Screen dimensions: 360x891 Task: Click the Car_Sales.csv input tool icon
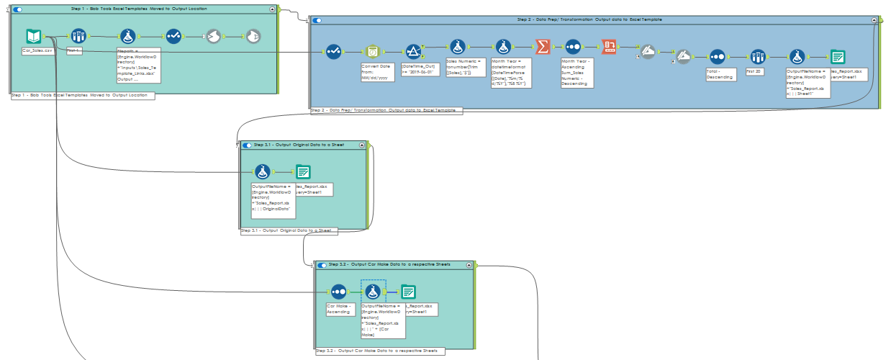[x=34, y=36]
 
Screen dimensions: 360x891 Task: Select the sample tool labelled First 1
[x=78, y=36]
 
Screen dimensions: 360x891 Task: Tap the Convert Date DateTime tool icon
[x=372, y=51]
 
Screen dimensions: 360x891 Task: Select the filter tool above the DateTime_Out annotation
[x=413, y=51]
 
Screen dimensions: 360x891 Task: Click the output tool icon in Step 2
[x=838, y=57]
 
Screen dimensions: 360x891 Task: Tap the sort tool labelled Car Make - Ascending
[x=338, y=292]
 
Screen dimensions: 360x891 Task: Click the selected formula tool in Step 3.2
[x=373, y=292]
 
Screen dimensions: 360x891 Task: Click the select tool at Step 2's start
[x=333, y=51]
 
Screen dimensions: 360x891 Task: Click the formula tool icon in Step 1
[x=127, y=36]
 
